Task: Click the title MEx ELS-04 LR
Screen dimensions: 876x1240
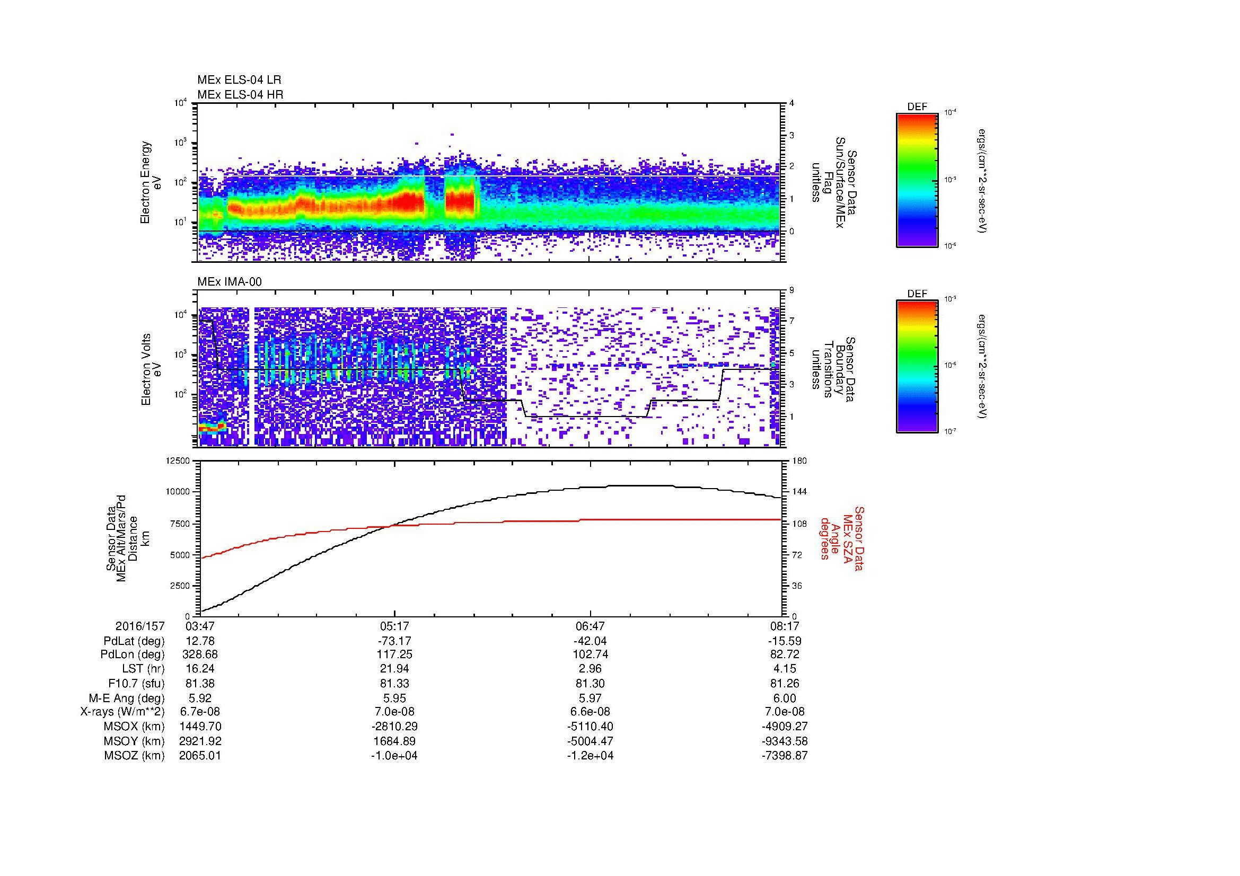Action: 239,80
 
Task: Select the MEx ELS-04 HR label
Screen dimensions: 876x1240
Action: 240,94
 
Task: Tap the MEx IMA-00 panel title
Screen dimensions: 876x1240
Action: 230,282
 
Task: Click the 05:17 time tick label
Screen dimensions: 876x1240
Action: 394,626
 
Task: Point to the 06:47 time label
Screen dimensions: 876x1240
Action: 590,626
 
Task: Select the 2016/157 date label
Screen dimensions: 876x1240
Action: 140,626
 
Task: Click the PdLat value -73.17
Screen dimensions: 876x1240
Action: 394,641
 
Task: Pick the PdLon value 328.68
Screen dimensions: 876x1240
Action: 200,654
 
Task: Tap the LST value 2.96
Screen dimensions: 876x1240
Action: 590,669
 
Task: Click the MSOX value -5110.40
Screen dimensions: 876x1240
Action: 590,727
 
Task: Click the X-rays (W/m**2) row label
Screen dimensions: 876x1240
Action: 122,712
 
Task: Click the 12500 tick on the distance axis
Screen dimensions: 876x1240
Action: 178,461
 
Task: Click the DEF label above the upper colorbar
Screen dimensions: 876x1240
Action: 917,107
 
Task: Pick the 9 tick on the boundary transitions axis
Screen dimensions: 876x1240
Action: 792,290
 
